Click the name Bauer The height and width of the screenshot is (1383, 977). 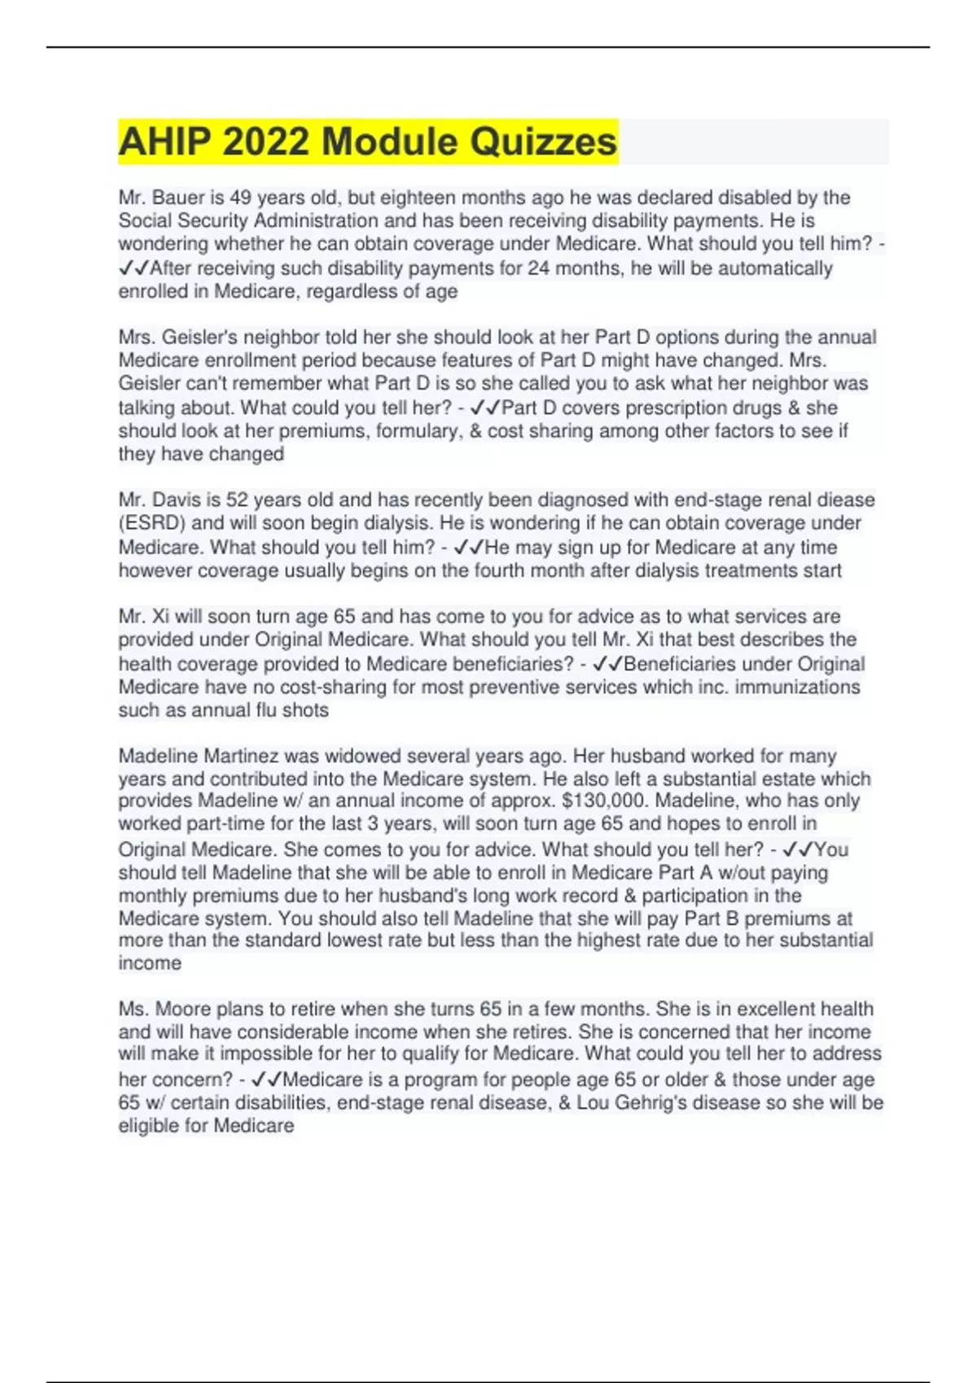point(178,198)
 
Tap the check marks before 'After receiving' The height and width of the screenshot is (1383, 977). point(134,268)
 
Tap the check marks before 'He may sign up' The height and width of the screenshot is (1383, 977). point(468,548)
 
